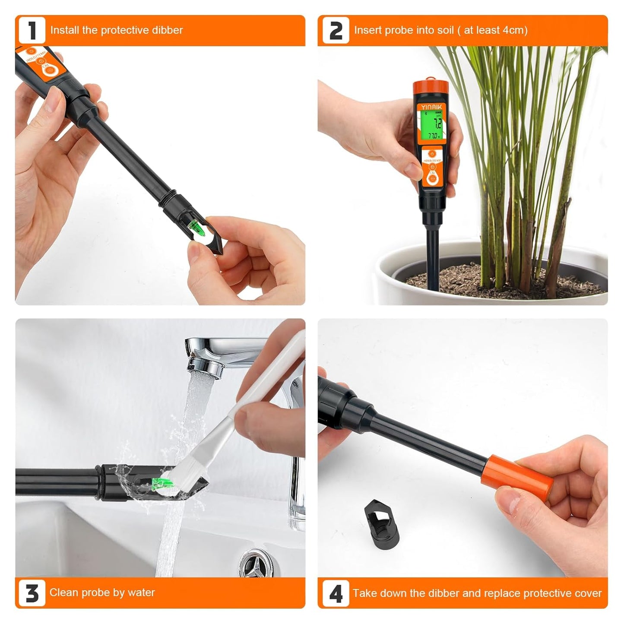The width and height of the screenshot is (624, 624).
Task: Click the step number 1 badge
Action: (32, 31)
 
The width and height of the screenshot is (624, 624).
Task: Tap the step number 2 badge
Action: (336, 31)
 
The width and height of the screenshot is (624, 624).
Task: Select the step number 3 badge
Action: (32, 593)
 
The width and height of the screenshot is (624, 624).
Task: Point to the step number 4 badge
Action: (336, 593)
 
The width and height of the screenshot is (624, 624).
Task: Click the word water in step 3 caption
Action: (141, 592)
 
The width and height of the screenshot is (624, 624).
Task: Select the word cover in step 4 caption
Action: (588, 593)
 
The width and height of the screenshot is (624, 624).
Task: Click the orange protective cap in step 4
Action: (518, 475)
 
